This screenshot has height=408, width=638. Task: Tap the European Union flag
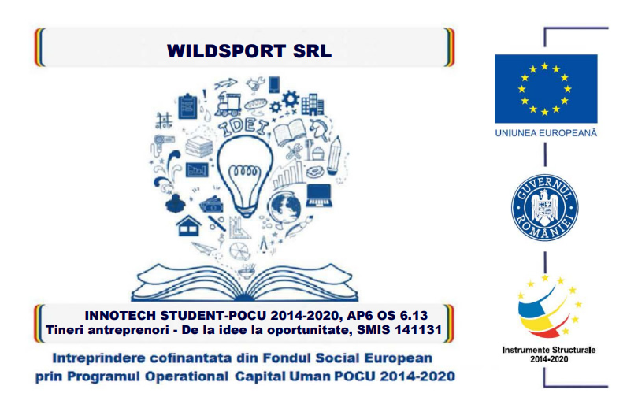[x=546, y=89]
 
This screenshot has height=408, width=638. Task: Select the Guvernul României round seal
[x=545, y=207]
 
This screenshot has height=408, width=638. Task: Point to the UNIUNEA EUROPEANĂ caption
[x=546, y=133]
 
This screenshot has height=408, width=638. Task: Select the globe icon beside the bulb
[x=285, y=207]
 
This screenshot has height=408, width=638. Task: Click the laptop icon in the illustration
[x=318, y=195]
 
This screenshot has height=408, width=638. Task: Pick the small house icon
[x=189, y=226]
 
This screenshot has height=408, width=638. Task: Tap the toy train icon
[x=228, y=104]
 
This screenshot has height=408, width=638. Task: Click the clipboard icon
[x=187, y=106]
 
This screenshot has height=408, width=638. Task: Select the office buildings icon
[x=313, y=105]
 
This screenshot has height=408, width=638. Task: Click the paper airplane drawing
[x=203, y=247]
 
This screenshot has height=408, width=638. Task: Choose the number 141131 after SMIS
[x=419, y=329]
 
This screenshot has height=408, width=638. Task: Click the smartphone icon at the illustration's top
[x=274, y=84]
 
